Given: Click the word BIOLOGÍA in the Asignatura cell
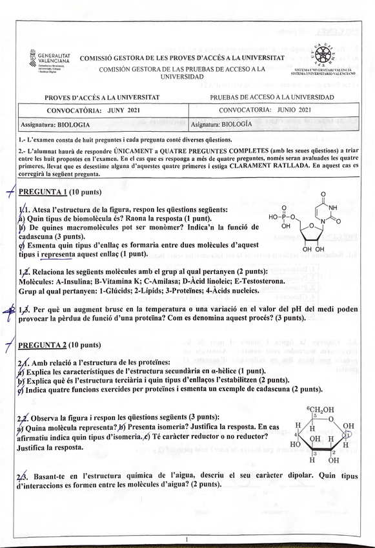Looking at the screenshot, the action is click(x=241, y=125).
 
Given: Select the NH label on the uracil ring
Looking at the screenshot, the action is click(x=332, y=208).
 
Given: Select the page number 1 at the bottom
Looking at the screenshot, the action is click(x=186, y=538).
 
